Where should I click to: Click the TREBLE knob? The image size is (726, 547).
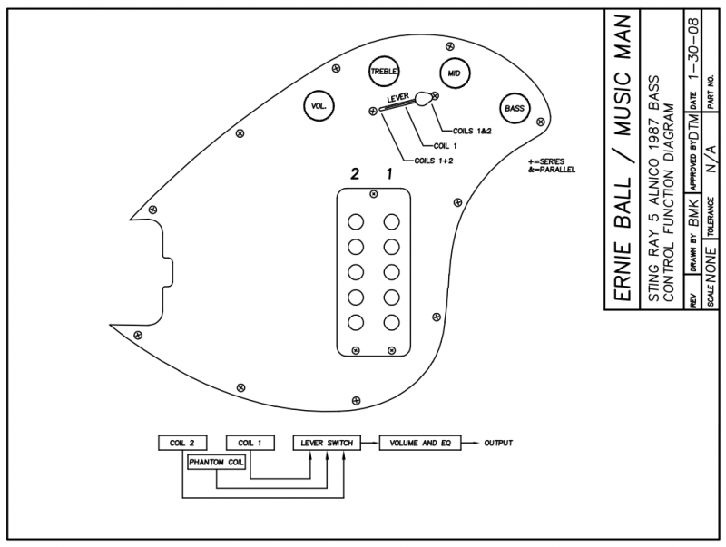point(384,72)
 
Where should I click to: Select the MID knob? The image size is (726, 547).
point(455,73)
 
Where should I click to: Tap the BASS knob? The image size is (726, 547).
point(515,109)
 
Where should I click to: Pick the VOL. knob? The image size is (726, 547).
point(319,106)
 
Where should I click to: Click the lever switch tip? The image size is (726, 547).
point(423,98)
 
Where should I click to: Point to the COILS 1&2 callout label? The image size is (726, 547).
point(472,131)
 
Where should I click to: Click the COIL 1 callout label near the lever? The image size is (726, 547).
point(446,146)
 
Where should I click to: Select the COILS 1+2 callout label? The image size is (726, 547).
point(434,161)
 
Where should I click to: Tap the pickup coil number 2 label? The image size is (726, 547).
point(355,174)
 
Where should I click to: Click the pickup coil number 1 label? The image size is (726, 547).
point(389,174)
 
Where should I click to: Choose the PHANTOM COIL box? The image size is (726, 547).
point(216,463)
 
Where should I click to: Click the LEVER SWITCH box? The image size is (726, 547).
point(327,443)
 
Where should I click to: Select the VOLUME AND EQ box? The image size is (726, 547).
point(420,443)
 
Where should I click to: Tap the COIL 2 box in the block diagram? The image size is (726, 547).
point(182,443)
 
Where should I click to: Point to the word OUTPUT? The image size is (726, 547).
point(498,443)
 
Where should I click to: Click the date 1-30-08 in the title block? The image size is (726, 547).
point(694,50)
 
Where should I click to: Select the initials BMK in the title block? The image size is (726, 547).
point(694,213)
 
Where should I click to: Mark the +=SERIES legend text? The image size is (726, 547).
point(546,161)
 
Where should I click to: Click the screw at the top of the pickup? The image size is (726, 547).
point(374,194)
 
